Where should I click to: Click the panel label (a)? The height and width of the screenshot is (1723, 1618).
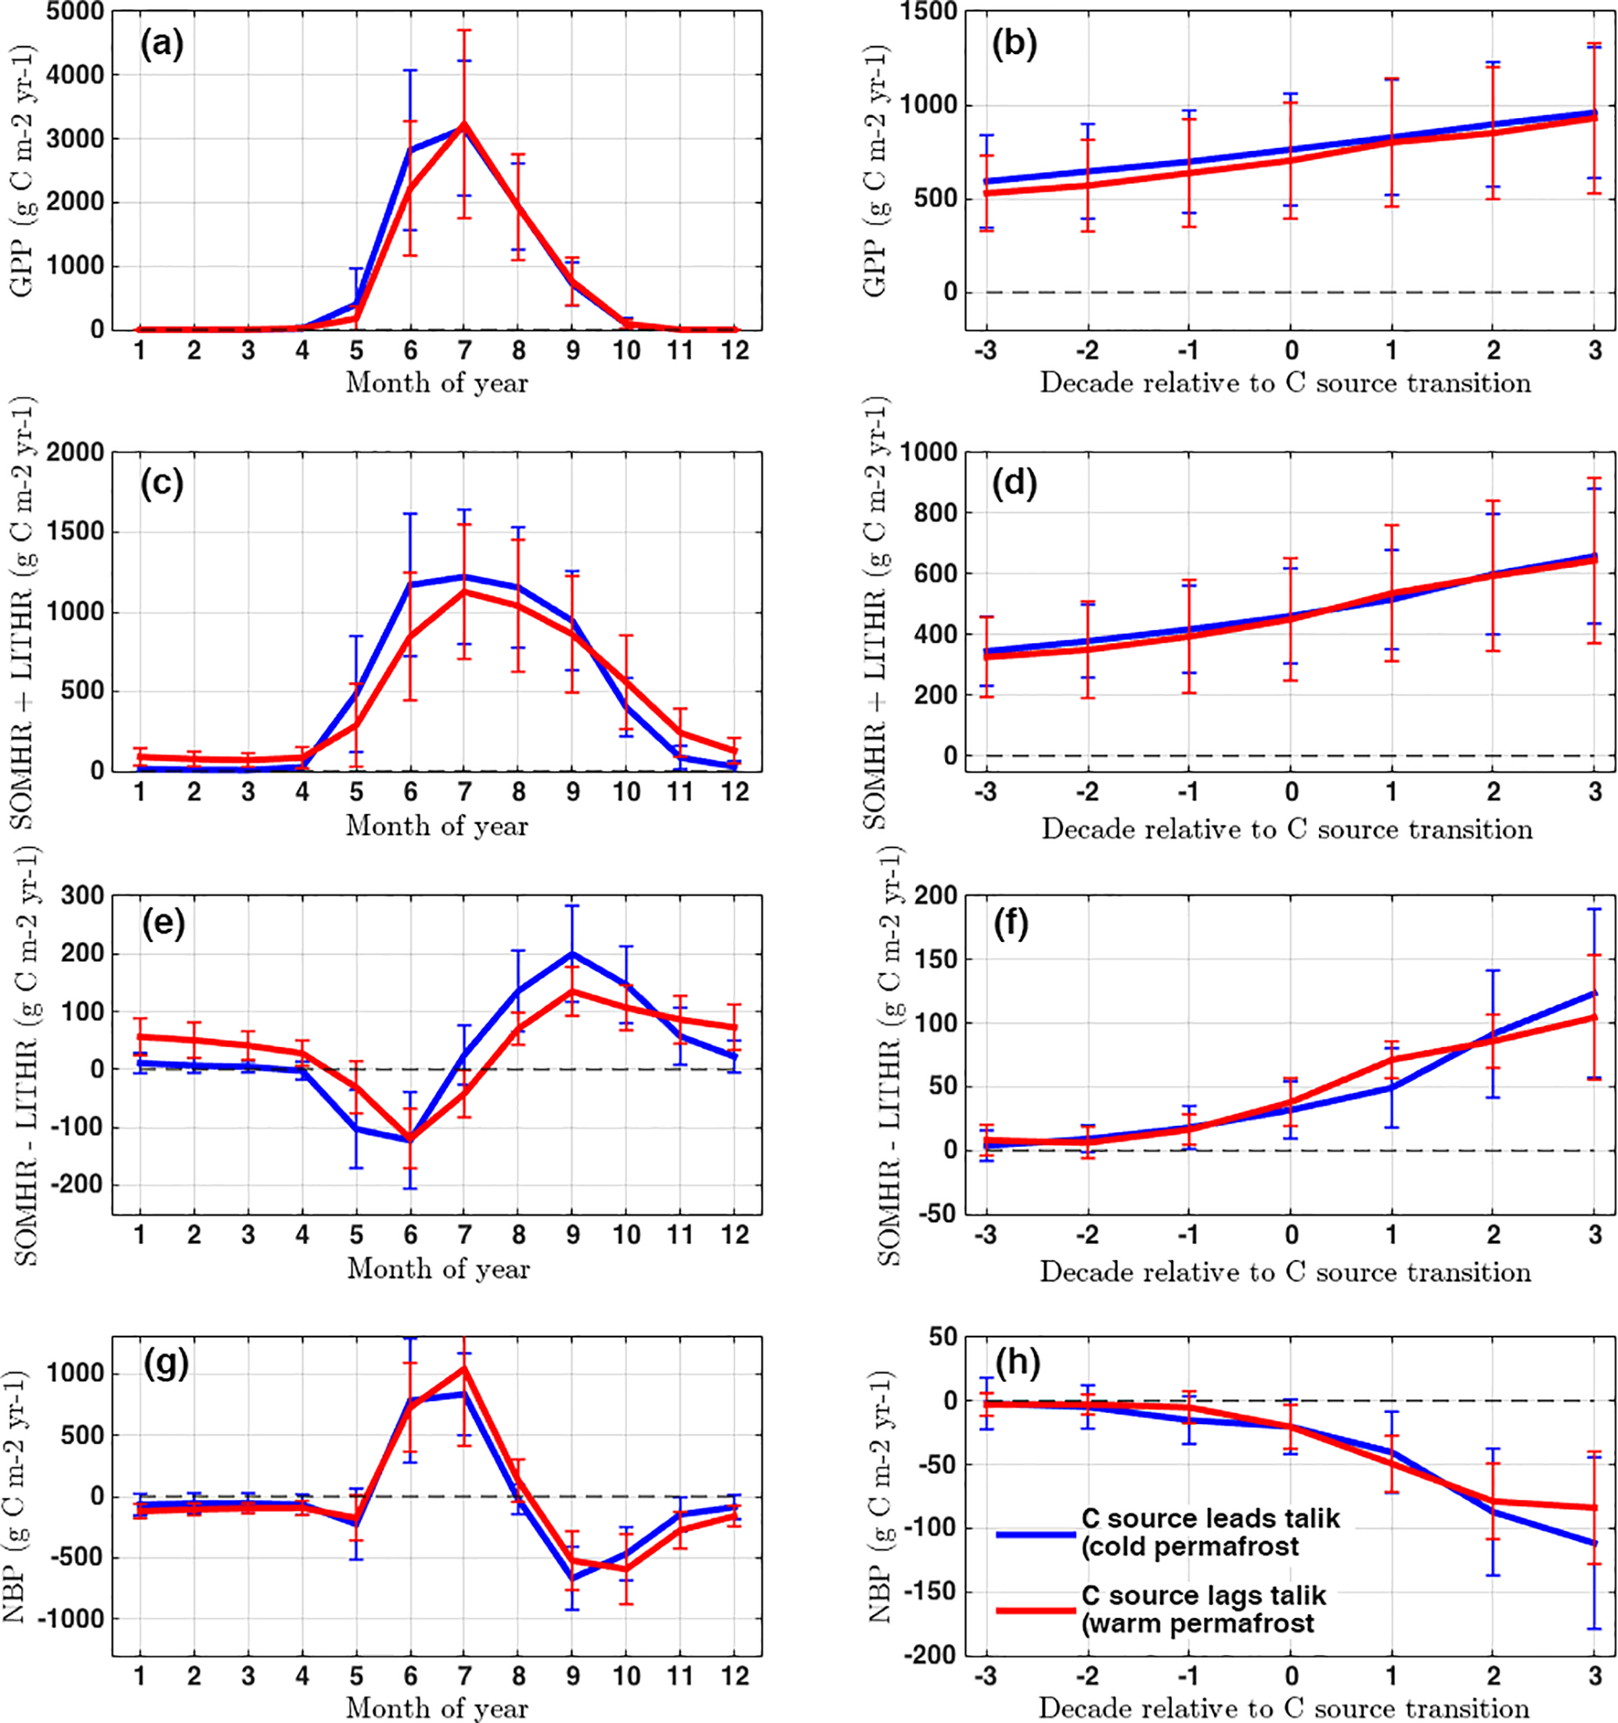click(x=162, y=43)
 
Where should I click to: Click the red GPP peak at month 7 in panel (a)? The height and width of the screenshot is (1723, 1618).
click(x=464, y=124)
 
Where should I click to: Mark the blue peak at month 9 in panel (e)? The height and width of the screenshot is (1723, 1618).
click(x=572, y=953)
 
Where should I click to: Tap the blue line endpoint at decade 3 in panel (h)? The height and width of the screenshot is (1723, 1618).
click(x=1595, y=1544)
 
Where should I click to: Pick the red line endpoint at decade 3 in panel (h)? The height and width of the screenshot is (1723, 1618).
click(x=1595, y=1507)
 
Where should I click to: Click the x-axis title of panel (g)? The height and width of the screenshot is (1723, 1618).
click(x=437, y=1708)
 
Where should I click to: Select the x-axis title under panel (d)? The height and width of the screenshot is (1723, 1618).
click(x=1287, y=829)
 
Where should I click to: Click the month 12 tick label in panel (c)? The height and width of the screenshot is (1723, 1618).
click(x=734, y=792)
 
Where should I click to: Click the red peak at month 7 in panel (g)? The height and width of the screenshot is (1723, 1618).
click(x=464, y=1369)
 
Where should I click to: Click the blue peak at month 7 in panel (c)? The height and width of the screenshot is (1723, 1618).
click(x=464, y=577)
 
